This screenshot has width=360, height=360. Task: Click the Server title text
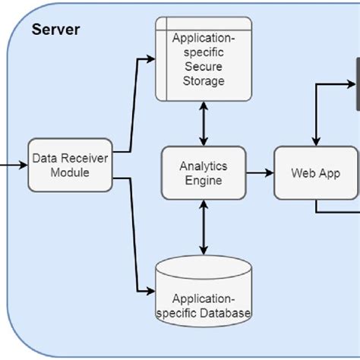click(55, 31)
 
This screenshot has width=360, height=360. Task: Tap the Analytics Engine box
click(203, 172)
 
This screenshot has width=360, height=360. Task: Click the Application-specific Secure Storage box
click(203, 59)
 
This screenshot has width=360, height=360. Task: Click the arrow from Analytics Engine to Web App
click(259, 173)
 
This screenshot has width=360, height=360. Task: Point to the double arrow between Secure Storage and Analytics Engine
click(203, 125)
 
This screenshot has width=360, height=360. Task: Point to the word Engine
click(203, 181)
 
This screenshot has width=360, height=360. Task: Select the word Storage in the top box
click(203, 81)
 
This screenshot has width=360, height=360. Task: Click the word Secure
click(203, 67)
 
